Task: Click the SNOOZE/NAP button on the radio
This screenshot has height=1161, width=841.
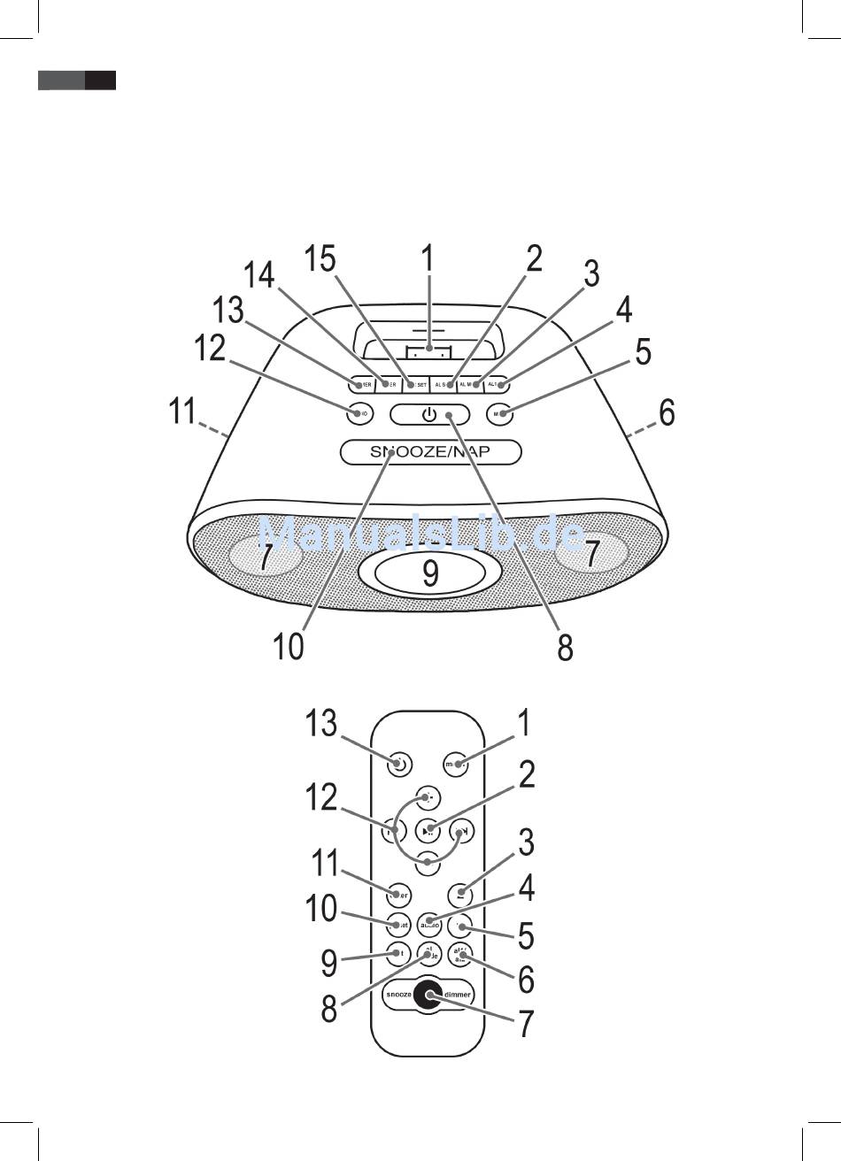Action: coord(430,452)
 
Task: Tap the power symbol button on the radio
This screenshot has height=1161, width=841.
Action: coord(429,413)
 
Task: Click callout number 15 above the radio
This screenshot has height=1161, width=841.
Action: coord(320,259)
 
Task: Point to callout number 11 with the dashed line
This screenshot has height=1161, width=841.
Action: coord(182,412)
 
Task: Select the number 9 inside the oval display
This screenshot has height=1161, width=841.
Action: coord(429,573)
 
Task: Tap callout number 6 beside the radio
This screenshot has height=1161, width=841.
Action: coord(667,412)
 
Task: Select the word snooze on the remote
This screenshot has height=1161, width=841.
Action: coord(398,995)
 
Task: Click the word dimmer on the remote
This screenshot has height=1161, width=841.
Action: coord(458,995)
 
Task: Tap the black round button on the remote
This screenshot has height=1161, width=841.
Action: coord(429,994)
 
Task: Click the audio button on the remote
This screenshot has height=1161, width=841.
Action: coord(429,923)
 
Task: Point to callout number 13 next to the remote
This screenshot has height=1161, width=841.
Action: coord(321,724)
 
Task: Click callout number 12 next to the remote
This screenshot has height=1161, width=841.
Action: coord(321,798)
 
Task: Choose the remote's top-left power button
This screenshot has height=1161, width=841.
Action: coord(399,764)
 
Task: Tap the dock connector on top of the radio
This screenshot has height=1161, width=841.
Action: coord(428,352)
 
